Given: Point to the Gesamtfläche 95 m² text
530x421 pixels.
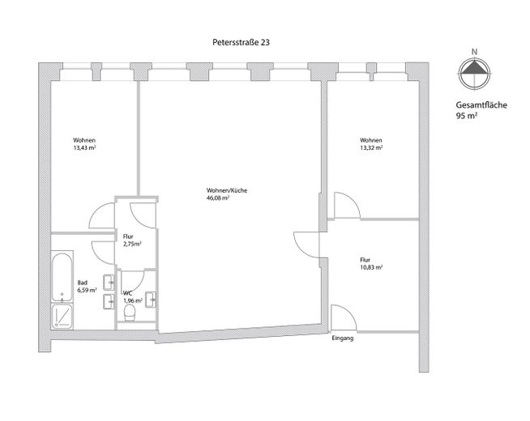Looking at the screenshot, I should tap(481, 111).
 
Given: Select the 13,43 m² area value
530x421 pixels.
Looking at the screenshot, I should tap(84, 148).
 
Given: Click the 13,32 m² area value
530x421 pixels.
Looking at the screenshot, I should tap(371, 148).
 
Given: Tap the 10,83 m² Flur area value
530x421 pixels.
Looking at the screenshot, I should tap(371, 267).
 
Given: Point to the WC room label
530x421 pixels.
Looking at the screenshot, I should tap(127, 292).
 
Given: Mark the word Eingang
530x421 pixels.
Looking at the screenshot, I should tap(343, 338).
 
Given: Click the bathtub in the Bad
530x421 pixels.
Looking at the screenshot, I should tap(62, 276).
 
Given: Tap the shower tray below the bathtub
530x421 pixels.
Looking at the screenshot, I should tap(62, 314).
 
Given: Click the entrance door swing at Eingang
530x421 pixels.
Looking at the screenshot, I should tap(340, 318).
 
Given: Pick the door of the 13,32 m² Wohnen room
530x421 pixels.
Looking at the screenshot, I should tap(344, 206).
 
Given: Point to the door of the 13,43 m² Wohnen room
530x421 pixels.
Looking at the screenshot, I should tap(100, 215).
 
